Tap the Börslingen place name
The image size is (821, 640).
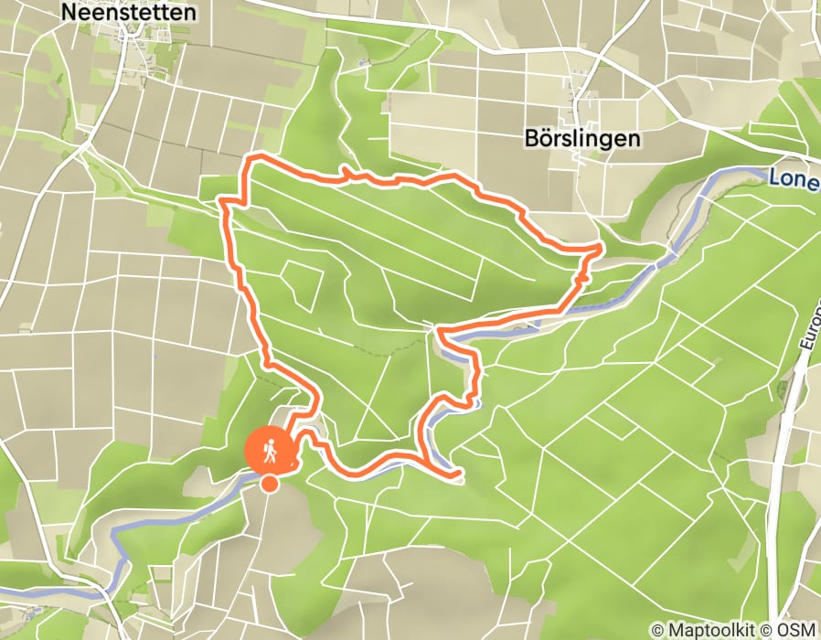(583, 137)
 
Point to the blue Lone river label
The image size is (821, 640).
(793, 180)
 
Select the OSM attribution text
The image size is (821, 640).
(797, 630)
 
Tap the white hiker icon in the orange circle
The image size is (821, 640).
(270, 449)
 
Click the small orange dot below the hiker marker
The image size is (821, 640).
(270, 484)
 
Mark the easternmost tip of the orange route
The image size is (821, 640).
(600, 247)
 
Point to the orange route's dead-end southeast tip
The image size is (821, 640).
(460, 475)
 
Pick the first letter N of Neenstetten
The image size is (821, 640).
(67, 12)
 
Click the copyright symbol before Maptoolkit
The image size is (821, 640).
(657, 630)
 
